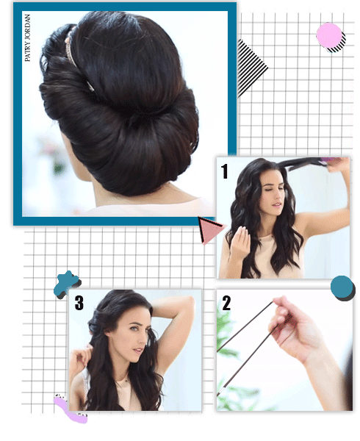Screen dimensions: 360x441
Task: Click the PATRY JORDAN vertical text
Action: [x=27, y=38]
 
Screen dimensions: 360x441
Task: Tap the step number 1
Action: [x=224, y=171]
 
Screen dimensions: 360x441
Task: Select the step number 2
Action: [x=226, y=303]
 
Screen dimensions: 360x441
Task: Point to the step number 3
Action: [x=79, y=303]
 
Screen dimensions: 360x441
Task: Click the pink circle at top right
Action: [x=329, y=36]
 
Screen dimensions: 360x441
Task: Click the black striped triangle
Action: [x=249, y=68]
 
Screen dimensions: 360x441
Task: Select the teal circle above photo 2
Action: [x=342, y=287]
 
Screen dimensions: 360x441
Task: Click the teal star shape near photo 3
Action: [x=66, y=284]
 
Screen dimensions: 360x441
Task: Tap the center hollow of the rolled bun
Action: [x=137, y=118]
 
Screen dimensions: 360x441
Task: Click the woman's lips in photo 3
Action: [x=137, y=351]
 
